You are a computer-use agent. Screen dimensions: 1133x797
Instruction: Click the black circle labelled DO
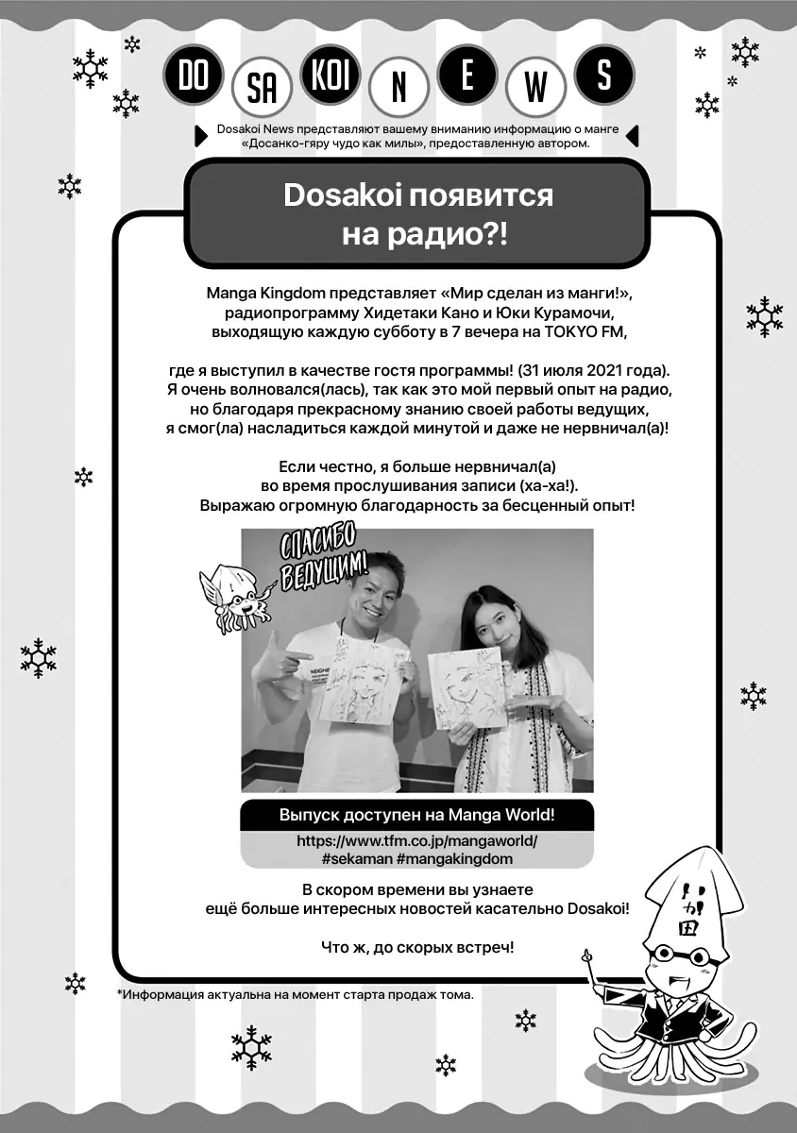click(x=193, y=76)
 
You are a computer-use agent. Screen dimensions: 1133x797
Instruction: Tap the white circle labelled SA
click(x=262, y=91)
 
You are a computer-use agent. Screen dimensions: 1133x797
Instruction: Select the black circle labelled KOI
click(x=330, y=76)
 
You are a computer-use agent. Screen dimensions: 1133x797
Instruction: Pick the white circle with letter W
click(x=535, y=91)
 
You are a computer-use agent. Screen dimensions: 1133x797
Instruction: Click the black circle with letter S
click(x=603, y=76)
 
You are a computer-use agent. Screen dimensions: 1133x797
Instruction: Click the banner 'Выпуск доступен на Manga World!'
click(x=416, y=815)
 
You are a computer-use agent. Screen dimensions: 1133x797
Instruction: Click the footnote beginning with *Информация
click(x=296, y=994)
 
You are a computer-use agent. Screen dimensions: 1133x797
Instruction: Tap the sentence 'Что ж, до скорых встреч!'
click(x=416, y=947)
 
